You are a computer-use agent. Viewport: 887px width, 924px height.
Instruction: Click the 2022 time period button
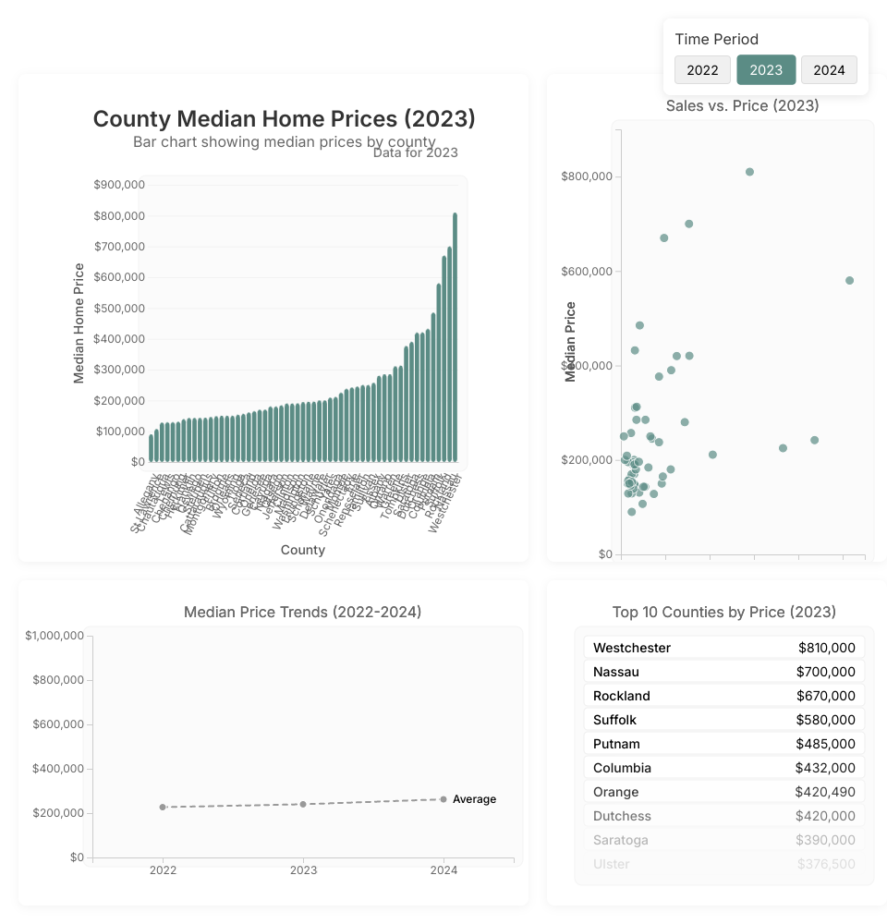click(702, 70)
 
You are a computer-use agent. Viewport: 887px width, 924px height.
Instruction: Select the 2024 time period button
click(829, 70)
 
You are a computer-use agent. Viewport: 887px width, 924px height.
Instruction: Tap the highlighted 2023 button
click(766, 70)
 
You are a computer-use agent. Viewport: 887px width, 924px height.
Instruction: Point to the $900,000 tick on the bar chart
click(119, 185)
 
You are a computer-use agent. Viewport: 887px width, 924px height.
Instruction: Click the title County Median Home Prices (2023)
click(285, 119)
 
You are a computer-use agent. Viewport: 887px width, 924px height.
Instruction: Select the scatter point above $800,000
click(749, 172)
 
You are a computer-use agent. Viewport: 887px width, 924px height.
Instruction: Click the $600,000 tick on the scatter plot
click(587, 272)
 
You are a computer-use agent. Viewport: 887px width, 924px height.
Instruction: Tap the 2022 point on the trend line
click(163, 808)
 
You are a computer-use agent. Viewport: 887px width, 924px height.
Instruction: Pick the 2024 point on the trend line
click(443, 799)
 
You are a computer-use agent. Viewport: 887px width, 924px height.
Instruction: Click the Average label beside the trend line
click(474, 799)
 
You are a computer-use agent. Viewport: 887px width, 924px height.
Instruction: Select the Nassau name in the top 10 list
click(616, 672)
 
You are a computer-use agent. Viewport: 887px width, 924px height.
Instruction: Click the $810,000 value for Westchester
click(827, 648)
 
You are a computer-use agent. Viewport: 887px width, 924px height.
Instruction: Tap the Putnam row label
click(616, 744)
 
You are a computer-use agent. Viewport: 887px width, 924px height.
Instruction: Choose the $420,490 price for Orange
click(825, 792)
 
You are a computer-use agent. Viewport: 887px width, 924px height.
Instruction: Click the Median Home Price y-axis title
click(79, 323)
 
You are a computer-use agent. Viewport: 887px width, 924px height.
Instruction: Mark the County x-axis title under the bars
click(303, 550)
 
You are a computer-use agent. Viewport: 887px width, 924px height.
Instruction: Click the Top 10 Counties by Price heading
click(724, 612)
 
